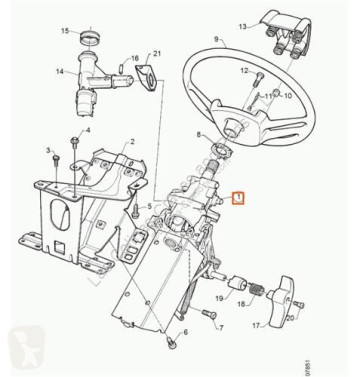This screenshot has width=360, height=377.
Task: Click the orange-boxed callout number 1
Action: click(x=237, y=198)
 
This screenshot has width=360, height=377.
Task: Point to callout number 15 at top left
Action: click(x=66, y=32)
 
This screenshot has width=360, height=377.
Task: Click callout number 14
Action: click(x=59, y=71)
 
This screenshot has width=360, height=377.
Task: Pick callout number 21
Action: click(x=158, y=55)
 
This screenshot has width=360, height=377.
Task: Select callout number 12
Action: click(x=244, y=71)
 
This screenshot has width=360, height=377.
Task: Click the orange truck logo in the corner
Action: click(x=27, y=347)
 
